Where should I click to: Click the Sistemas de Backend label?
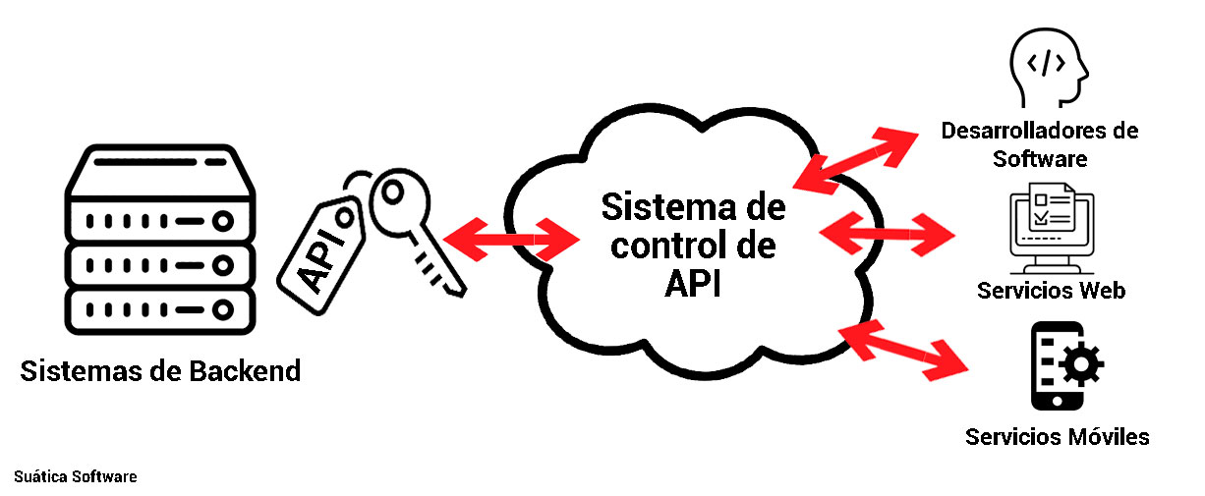click(160, 371)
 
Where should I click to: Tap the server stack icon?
click(160, 240)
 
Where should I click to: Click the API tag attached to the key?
click(321, 255)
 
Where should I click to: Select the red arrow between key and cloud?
click(510, 240)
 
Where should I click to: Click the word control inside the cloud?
click(663, 246)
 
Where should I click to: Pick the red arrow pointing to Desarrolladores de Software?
click(855, 161)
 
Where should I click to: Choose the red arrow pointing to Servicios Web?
click(887, 234)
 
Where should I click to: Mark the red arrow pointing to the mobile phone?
click(904, 351)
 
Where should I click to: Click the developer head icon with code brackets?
click(1048, 68)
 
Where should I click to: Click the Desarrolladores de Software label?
click(1039, 144)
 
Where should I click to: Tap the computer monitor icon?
click(1052, 229)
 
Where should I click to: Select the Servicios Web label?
click(1051, 290)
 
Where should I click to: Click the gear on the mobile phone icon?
click(1081, 364)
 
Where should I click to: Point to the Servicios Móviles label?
click(1057, 437)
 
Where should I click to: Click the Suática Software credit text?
click(76, 476)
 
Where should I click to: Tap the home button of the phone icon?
click(1057, 401)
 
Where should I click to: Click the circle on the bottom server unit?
click(222, 309)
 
